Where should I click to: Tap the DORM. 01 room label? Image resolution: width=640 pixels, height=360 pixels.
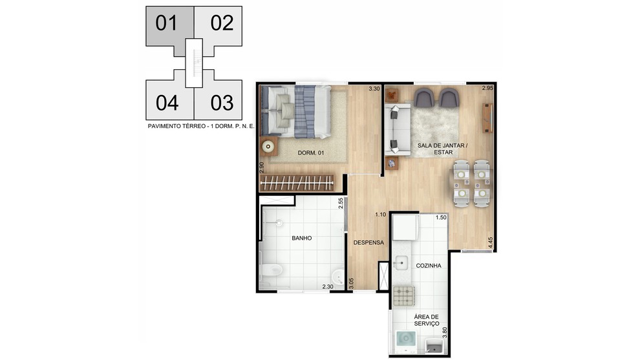tap(311, 153)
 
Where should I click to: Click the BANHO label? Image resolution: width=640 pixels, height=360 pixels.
tap(302, 238)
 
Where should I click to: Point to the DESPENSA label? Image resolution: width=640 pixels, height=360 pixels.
tap(368, 242)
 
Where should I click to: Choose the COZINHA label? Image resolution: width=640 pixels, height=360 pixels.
tap(429, 265)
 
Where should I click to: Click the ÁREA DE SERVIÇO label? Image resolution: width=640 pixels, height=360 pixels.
tap(427, 320)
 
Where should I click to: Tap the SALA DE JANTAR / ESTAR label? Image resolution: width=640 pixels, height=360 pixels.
tap(443, 149)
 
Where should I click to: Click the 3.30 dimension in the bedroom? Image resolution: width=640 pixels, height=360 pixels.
tap(374, 89)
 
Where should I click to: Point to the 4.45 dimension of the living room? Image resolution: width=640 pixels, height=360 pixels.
tap(491, 243)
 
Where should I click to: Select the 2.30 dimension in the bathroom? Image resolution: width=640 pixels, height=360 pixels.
tap(328, 286)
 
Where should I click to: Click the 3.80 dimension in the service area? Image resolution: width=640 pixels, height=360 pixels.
tap(445, 333)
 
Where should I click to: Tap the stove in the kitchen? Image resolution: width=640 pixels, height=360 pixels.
tap(404, 295)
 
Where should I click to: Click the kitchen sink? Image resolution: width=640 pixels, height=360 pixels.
tap(400, 262)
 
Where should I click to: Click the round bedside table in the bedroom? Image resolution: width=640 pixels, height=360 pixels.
tap(268, 146)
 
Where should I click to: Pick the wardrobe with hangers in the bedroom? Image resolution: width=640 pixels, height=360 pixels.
tap(297, 183)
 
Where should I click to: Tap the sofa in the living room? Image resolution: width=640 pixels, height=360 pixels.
tap(398, 130)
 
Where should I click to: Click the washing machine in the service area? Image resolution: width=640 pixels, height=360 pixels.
tap(407, 342)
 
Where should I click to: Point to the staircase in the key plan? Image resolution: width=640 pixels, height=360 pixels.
tap(194, 63)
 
